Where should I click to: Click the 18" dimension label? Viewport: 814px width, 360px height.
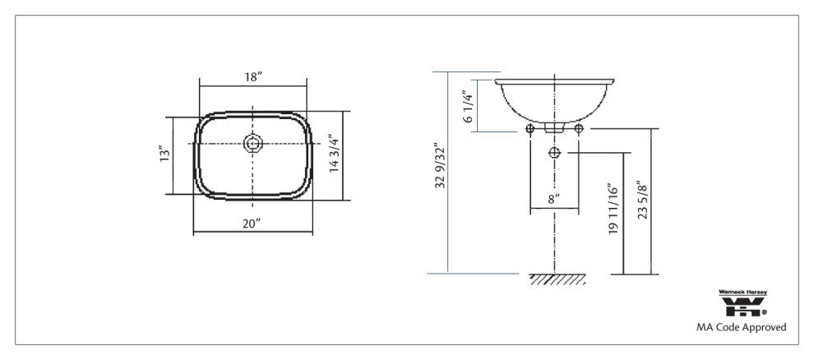click(253, 76)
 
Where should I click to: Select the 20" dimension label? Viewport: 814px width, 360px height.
click(252, 223)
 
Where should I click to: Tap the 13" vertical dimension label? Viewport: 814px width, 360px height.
click(164, 154)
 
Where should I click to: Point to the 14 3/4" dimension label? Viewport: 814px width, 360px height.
click(334, 154)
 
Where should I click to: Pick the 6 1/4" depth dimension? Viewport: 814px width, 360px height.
click(469, 107)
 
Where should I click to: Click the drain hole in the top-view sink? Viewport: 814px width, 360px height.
click(253, 144)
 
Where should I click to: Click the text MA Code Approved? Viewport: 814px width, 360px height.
click(741, 327)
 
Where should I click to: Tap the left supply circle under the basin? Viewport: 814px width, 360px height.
click(530, 130)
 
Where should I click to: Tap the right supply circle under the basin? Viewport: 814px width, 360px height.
click(579, 130)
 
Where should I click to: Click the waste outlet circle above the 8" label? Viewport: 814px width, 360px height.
click(554, 154)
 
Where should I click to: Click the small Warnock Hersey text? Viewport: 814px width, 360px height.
click(743, 292)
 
